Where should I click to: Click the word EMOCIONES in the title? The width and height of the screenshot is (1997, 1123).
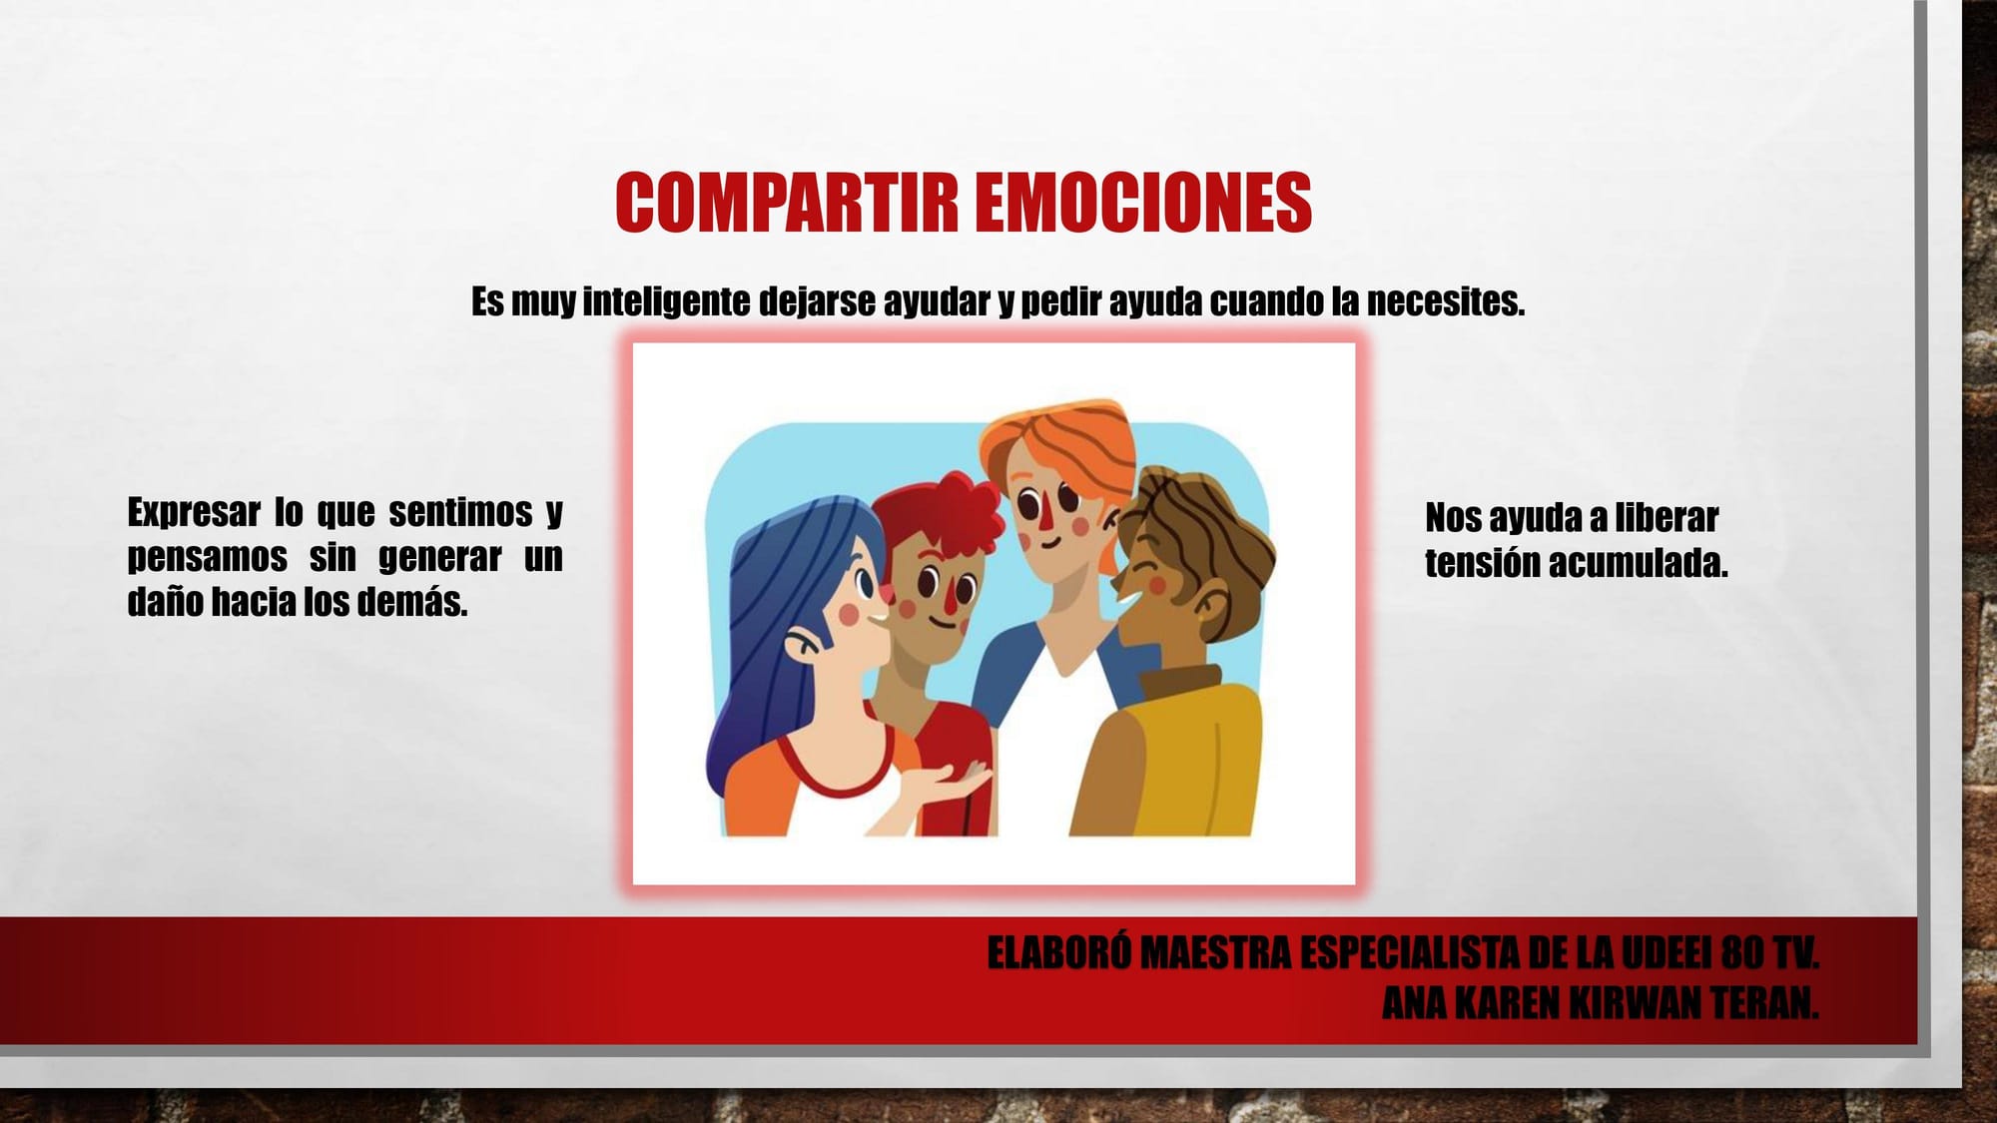[x=1143, y=203]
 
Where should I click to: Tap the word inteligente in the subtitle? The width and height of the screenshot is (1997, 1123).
[x=666, y=301]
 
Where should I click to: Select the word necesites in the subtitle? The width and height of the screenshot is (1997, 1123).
[x=1446, y=301]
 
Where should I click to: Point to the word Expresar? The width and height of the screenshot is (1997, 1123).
[x=194, y=513]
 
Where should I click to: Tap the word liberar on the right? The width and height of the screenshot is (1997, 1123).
[x=1666, y=518]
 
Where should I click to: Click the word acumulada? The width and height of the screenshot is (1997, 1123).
[x=1639, y=563]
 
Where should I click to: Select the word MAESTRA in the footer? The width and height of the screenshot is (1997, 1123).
[x=1216, y=953]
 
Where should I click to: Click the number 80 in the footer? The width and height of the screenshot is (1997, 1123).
[x=1742, y=953]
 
